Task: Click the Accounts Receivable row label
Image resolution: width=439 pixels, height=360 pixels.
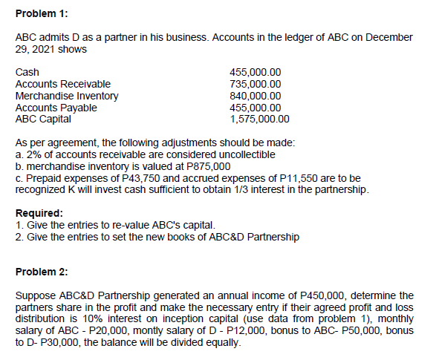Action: pos(63,85)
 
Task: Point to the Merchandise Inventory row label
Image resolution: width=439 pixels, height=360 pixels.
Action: pos(67,96)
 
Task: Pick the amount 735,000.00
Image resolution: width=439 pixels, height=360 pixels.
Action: pos(256,85)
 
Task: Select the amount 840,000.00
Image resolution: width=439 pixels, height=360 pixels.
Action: pos(256,96)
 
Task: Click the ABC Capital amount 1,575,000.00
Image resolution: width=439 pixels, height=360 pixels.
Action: pos(260,119)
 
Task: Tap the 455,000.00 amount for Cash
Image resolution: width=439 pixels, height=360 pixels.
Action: pos(256,73)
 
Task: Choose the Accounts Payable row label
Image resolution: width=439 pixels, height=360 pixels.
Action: pos(59,108)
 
